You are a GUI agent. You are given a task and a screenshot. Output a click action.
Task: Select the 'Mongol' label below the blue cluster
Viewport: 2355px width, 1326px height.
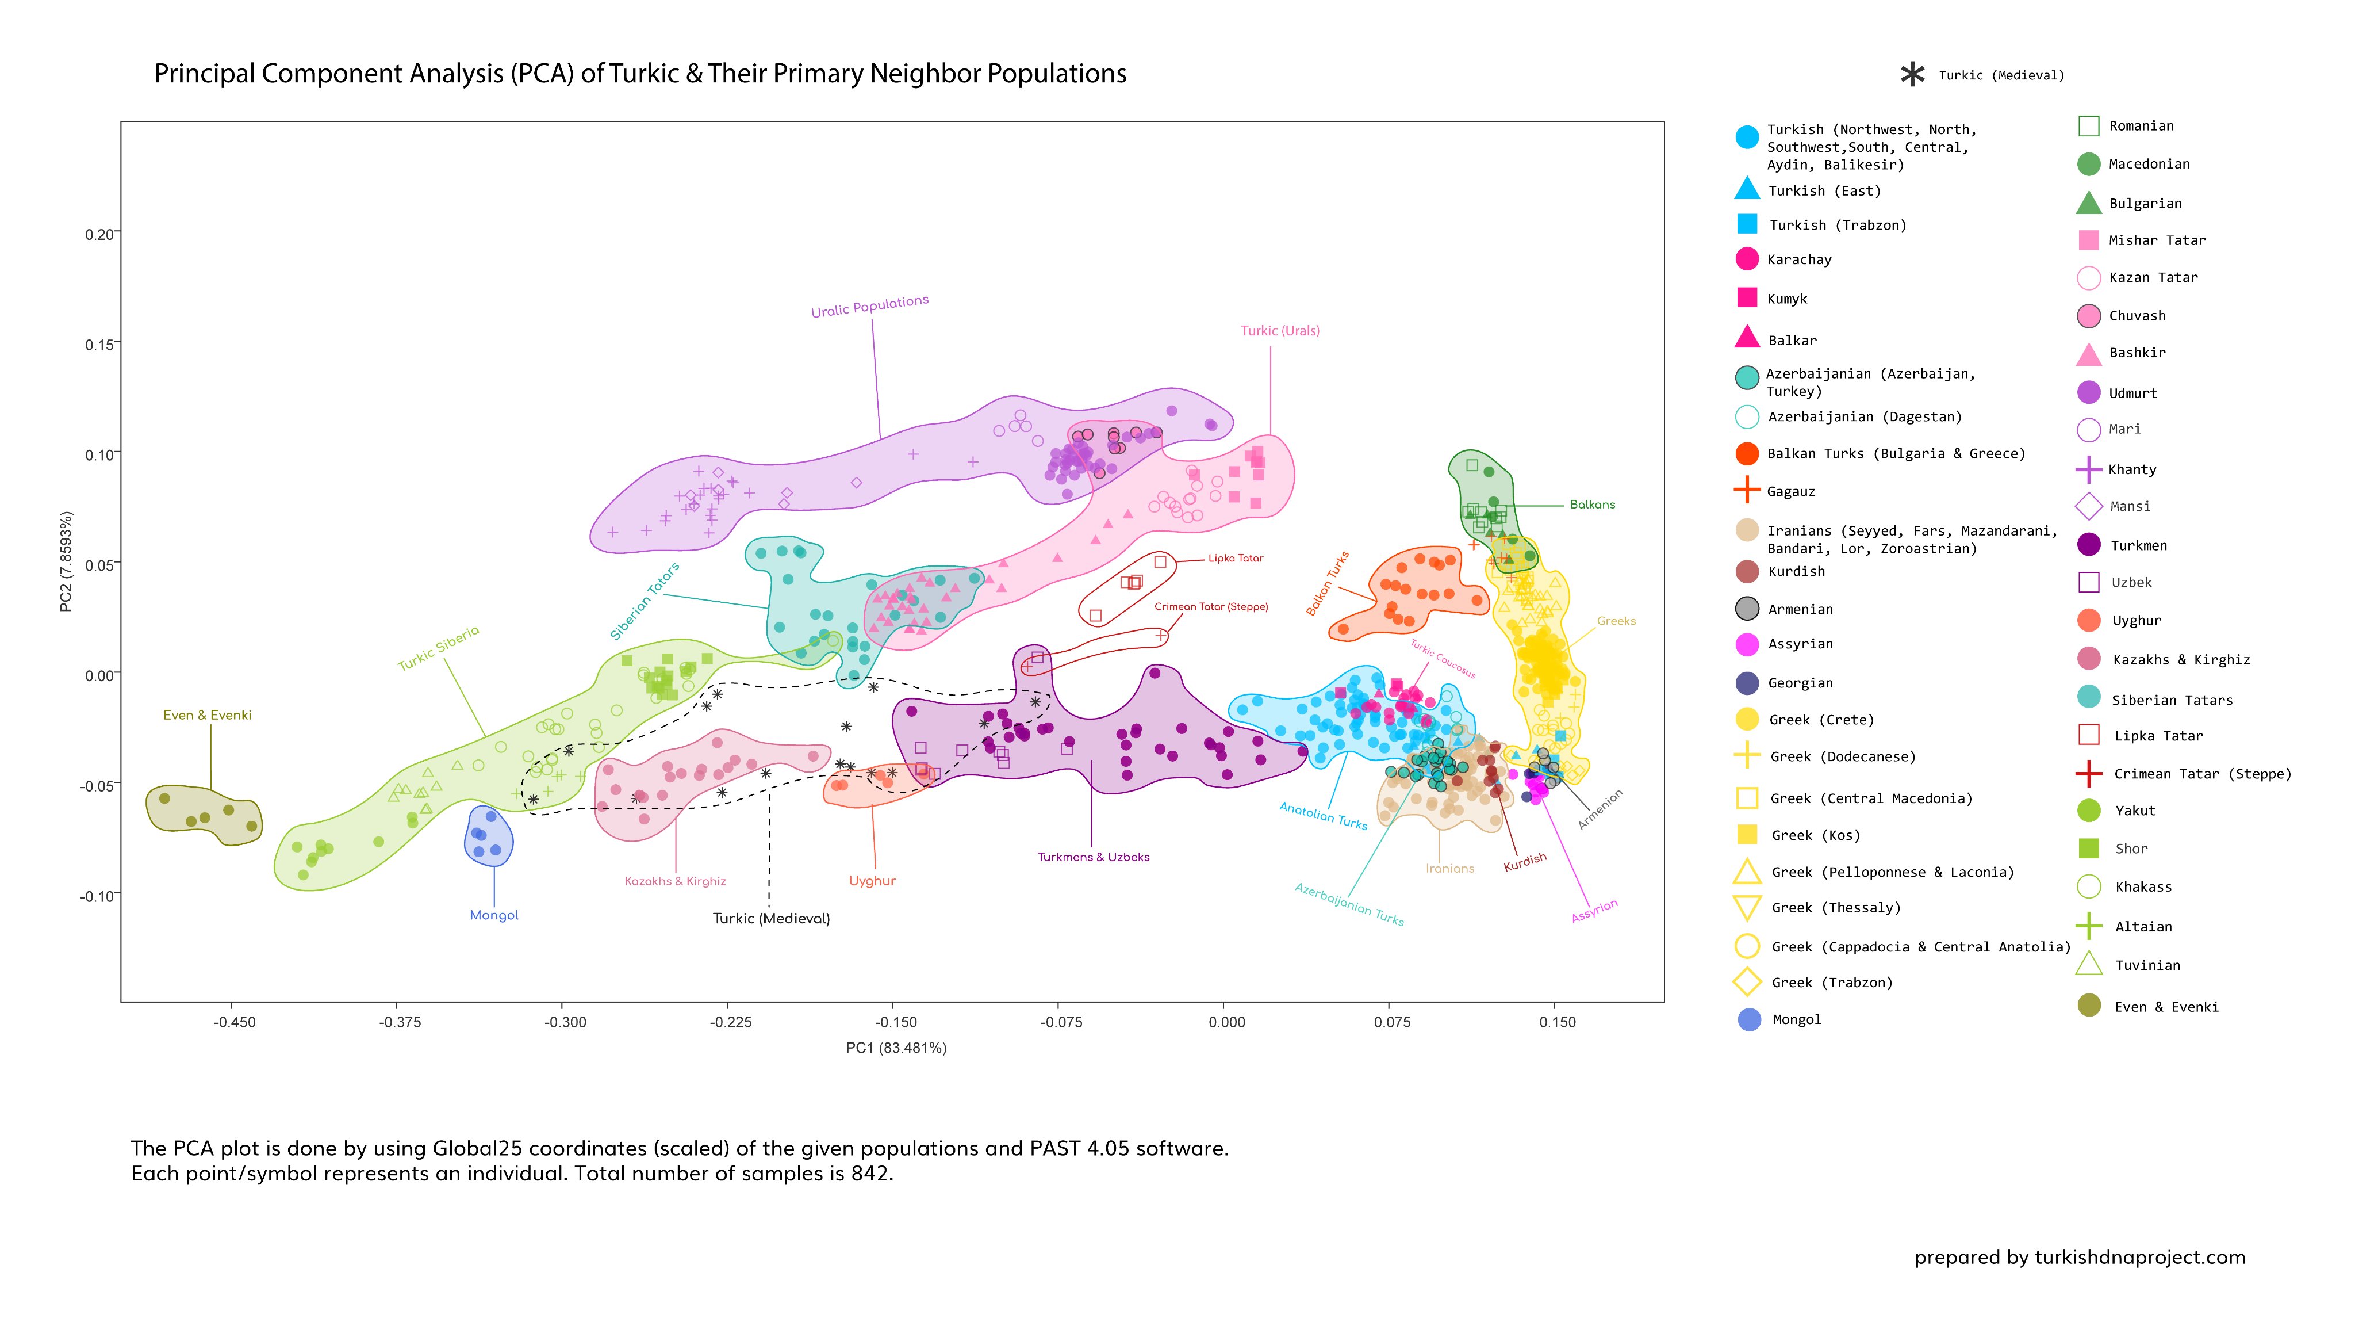(494, 915)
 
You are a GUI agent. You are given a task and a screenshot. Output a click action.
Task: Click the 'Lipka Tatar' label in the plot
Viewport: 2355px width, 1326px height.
(1235, 558)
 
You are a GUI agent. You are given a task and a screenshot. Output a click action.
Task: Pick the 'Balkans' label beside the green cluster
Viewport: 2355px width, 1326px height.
(1591, 505)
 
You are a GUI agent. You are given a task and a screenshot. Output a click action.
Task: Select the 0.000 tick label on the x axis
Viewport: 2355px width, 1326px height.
(1226, 1022)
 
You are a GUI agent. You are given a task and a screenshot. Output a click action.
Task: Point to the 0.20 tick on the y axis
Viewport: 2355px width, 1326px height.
(99, 235)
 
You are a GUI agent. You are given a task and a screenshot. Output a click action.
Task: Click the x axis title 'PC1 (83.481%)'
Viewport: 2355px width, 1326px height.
(895, 1048)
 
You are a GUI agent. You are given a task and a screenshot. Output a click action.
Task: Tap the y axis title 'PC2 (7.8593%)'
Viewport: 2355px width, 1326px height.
(66, 561)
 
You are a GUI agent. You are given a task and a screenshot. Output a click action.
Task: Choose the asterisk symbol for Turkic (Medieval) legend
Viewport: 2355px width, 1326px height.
(1912, 75)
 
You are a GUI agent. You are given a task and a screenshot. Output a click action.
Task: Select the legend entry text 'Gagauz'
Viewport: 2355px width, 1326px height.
(1790, 492)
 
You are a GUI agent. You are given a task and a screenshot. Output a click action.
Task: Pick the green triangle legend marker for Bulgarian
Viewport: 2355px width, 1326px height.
(2088, 202)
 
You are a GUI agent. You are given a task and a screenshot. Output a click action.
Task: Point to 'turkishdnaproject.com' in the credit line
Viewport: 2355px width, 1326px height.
(2139, 1258)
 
